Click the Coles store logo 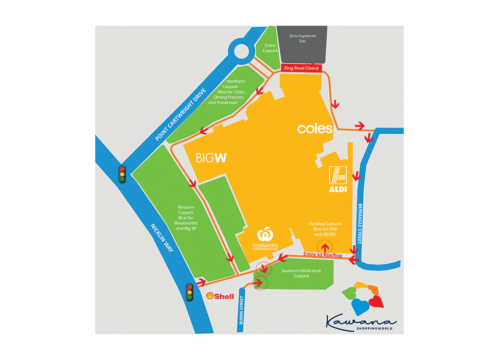point(315,129)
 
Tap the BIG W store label point(211,158)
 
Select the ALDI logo point(338,179)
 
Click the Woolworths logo point(265,239)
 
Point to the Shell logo point(220,296)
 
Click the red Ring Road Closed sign point(301,68)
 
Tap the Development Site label point(302,38)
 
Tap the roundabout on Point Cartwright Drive point(242,51)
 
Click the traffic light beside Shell point(189,293)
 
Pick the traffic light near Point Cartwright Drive point(122,174)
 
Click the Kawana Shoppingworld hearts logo point(362,298)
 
